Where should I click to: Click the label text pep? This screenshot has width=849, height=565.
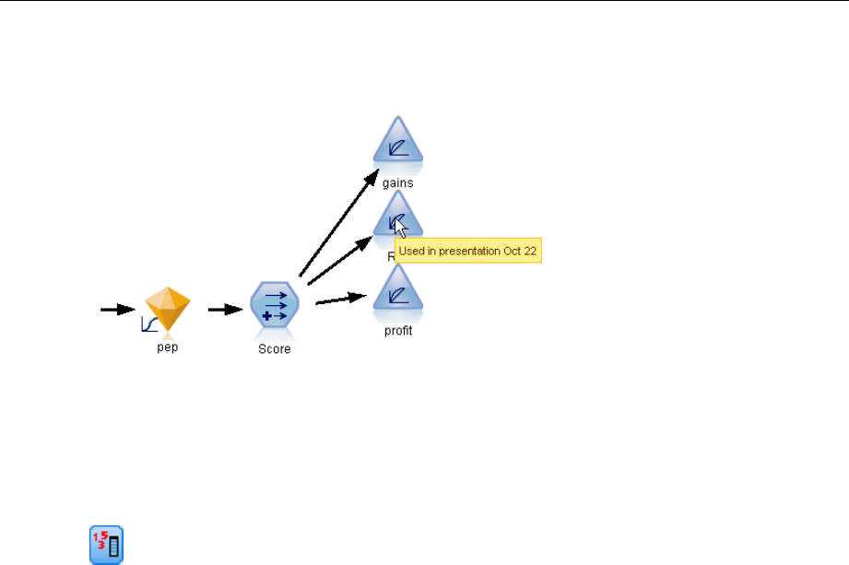click(x=167, y=349)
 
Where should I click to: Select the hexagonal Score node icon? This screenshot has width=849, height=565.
click(x=275, y=306)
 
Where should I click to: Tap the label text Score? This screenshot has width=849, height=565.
click(x=275, y=349)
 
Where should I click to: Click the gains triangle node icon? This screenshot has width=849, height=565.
click(x=398, y=145)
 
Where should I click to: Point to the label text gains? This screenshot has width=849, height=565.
click(x=398, y=182)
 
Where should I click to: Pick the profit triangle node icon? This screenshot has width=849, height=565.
click(x=398, y=292)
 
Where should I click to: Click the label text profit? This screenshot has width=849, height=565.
click(x=398, y=331)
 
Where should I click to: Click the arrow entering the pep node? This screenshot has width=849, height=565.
click(x=117, y=311)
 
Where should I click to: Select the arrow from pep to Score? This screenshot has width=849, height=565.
click(x=224, y=311)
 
